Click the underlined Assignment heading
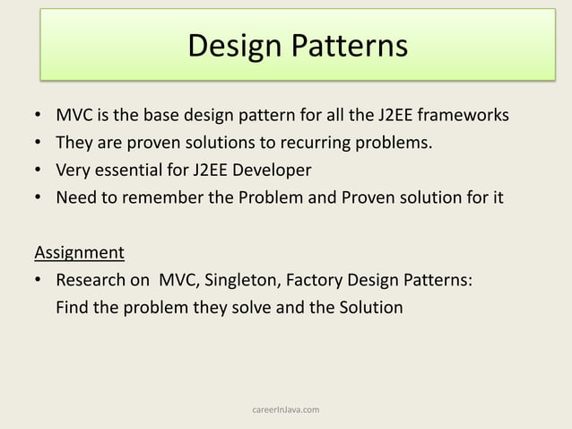pyautogui.click(x=79, y=251)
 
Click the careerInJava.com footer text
pyautogui.click(x=286, y=410)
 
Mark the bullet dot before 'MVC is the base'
pyautogui.click(x=38, y=117)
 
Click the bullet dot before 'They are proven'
pyautogui.click(x=38, y=144)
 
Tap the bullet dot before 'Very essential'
pyautogui.click(x=38, y=171)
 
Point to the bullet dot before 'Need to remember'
pyautogui.click(x=38, y=197)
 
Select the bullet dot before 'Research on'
pyautogui.click(x=38, y=281)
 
